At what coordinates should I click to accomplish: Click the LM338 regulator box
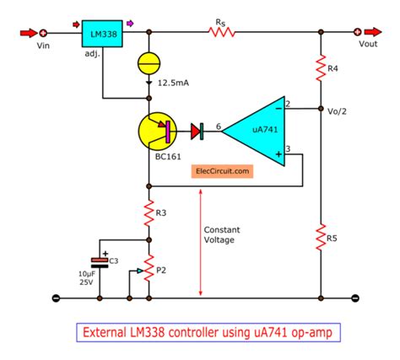click(x=103, y=35)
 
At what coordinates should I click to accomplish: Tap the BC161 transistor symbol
click(x=160, y=132)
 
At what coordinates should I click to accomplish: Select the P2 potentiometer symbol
click(x=149, y=269)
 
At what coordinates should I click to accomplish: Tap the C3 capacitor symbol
click(x=100, y=261)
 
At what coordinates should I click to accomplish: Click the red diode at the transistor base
click(x=199, y=131)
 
